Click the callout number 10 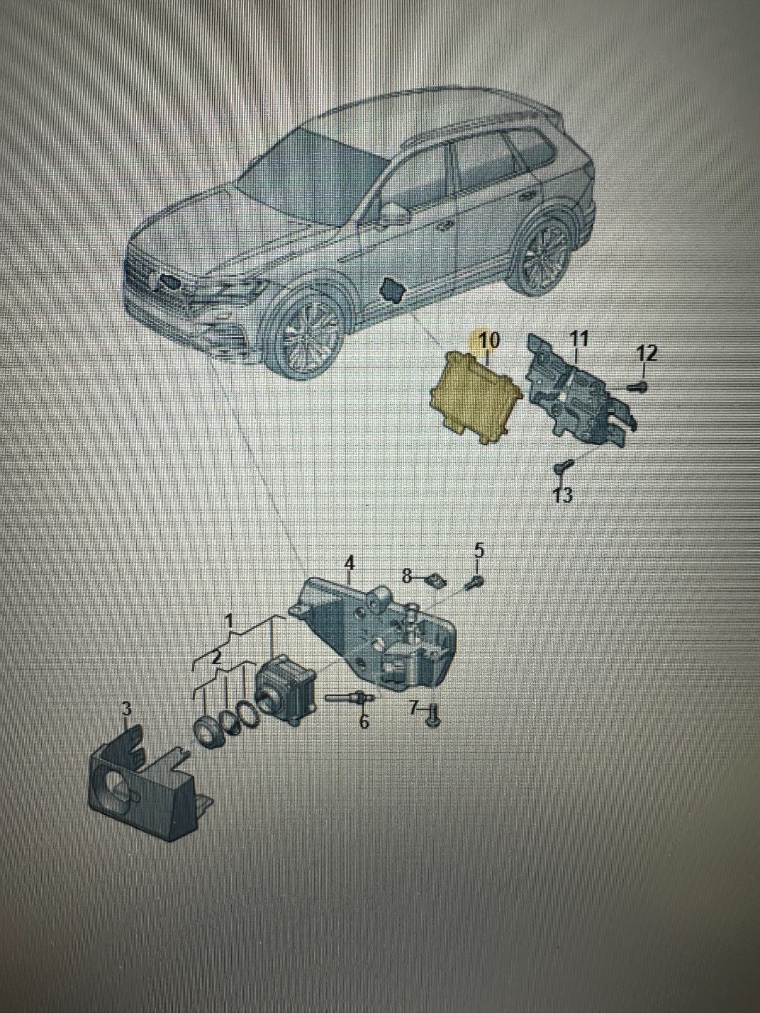tap(489, 341)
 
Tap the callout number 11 tap(578, 338)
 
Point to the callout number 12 tap(647, 353)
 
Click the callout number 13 tap(562, 494)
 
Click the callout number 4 tap(349, 562)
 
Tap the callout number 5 tap(479, 550)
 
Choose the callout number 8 tap(407, 576)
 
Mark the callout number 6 tap(364, 722)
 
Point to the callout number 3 tap(127, 709)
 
